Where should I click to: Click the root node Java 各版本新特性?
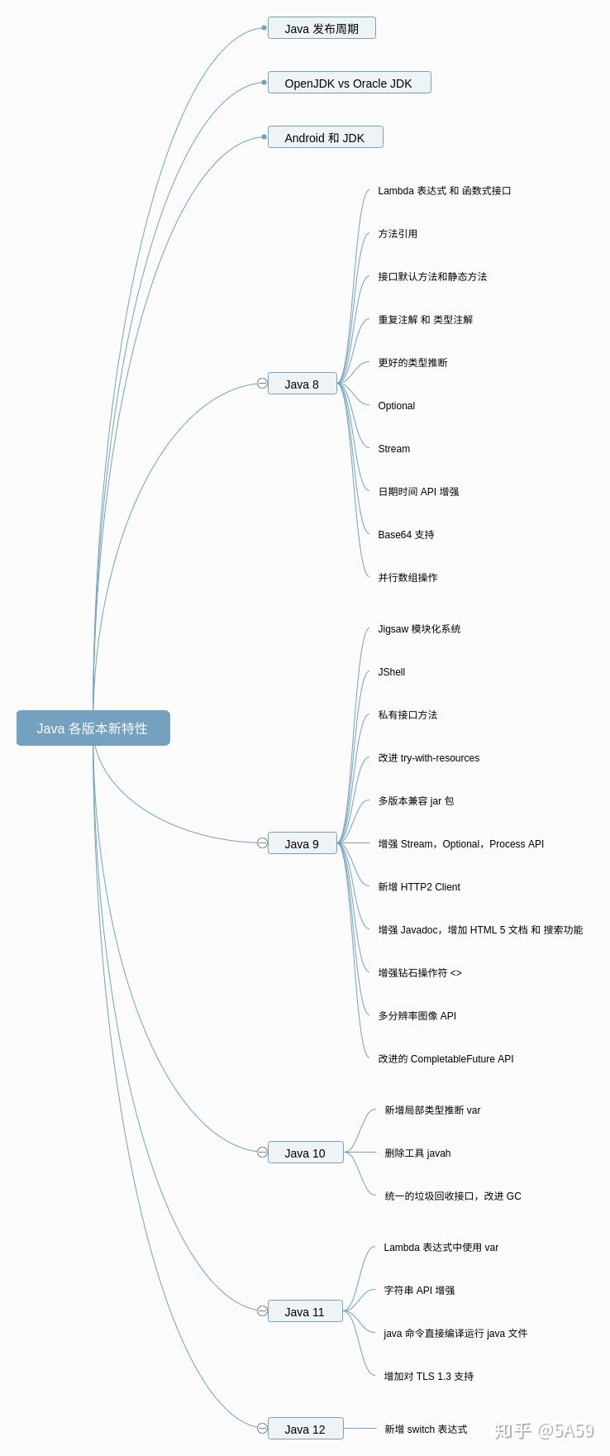coord(93,728)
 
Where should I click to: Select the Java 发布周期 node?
coord(322,28)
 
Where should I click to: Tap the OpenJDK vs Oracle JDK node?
coord(349,83)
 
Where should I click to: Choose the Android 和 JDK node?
coord(325,137)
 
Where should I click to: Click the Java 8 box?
coord(303,384)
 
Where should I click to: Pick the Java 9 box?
coord(303,843)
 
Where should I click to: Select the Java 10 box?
coord(305,1153)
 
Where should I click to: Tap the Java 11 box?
coord(305,1311)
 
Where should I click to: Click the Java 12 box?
coord(305,1429)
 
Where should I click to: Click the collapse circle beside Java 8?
coord(262,384)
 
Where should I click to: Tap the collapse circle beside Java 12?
coord(262,1428)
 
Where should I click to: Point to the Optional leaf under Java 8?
coord(396,406)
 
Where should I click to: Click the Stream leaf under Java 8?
coord(393,449)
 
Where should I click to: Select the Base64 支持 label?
coord(406,535)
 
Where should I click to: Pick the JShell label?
coord(391,672)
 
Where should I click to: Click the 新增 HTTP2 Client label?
coord(419,887)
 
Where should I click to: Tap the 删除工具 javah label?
coord(417,1153)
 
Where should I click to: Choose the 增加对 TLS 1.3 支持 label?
coord(428,1377)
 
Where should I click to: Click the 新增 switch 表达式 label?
coord(426,1430)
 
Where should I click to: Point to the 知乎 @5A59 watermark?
coord(543,1430)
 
